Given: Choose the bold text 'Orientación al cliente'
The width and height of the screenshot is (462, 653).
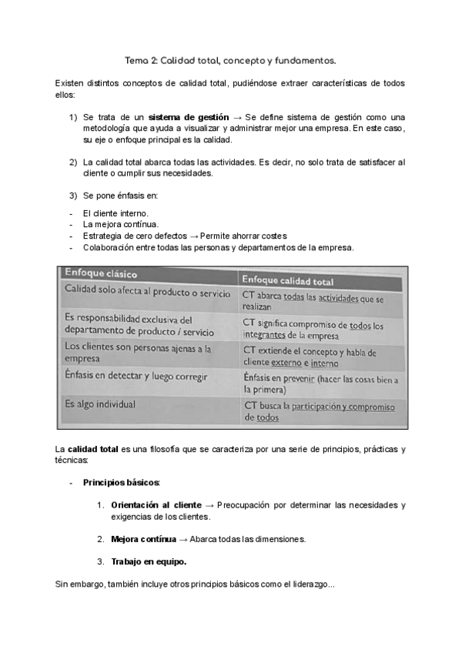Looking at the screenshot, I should pos(156,504).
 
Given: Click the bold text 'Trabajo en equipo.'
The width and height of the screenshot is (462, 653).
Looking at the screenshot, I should pos(148,561).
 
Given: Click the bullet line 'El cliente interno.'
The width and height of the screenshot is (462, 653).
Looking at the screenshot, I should pos(115,213).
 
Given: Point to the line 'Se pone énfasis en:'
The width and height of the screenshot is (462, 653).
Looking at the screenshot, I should pos(119,196).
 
